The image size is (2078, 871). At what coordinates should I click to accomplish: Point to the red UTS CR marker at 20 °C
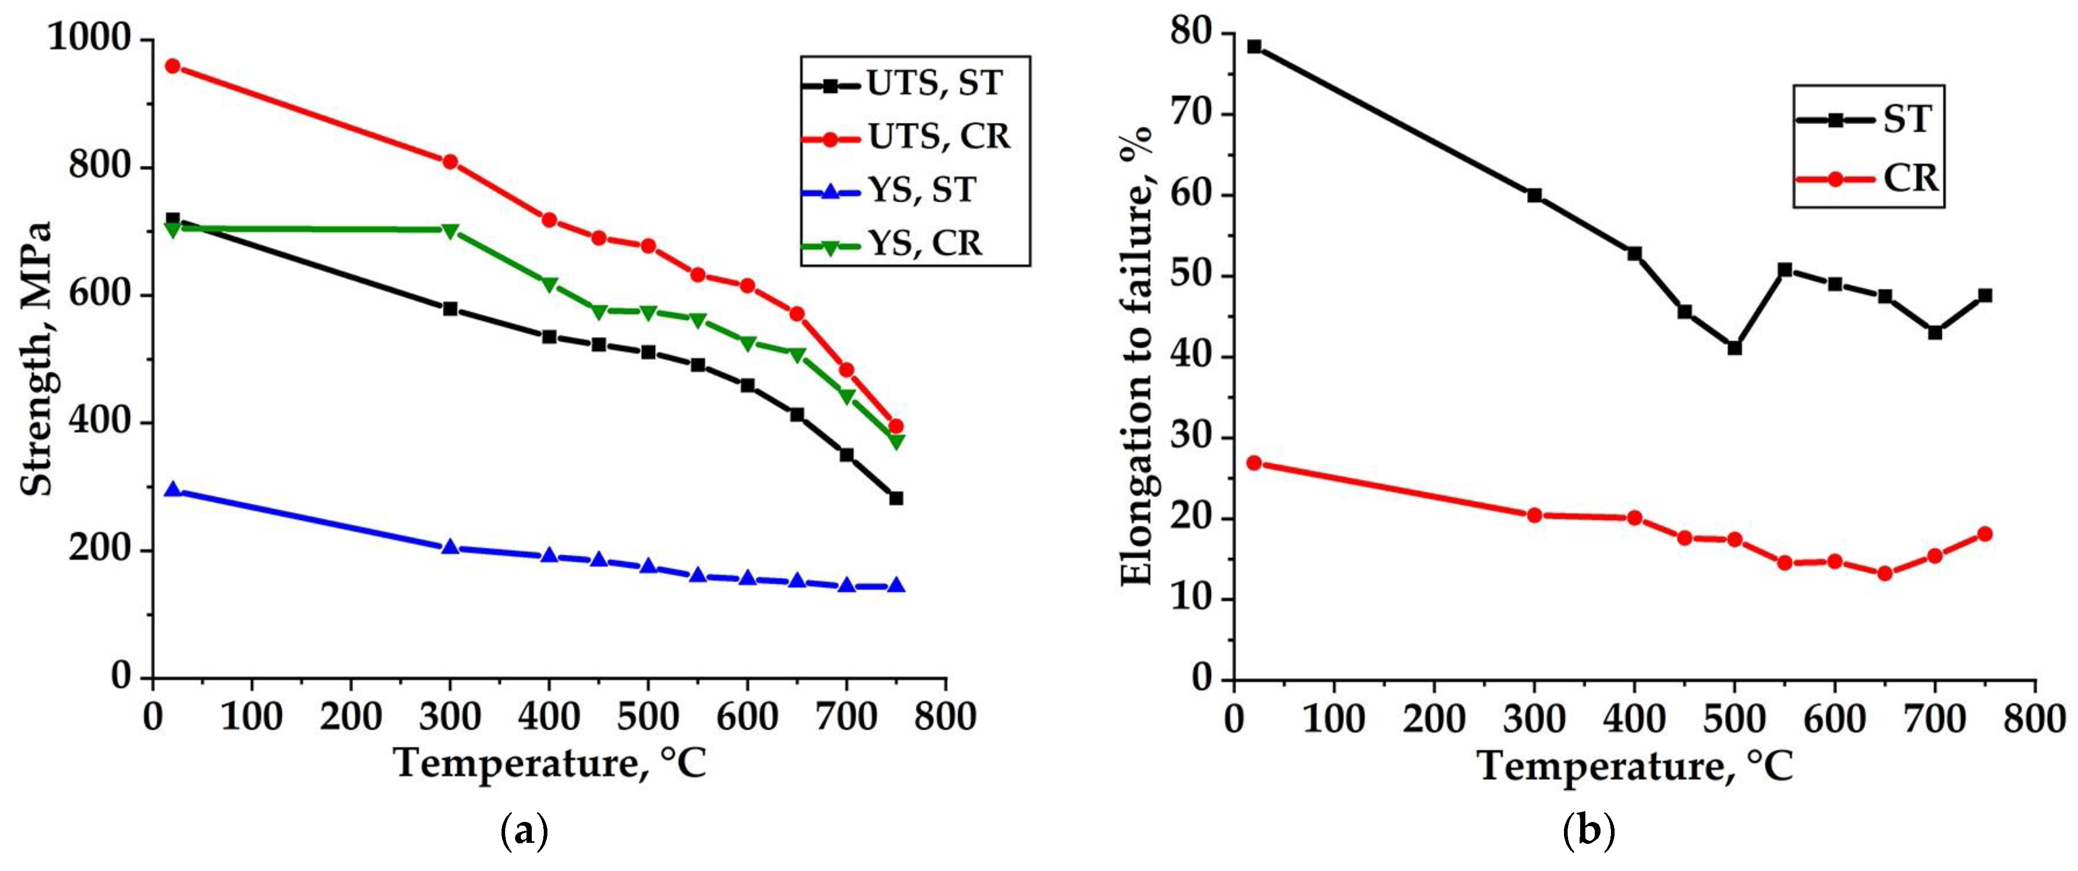(x=172, y=66)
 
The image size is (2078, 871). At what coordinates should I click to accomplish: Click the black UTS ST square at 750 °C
(x=895, y=499)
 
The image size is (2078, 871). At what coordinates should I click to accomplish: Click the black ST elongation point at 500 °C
(x=1734, y=347)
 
